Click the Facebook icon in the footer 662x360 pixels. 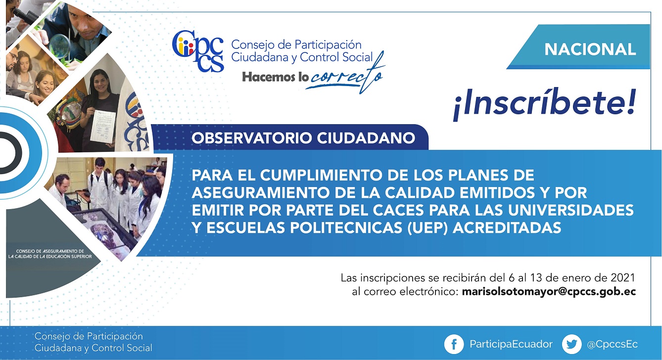(454, 344)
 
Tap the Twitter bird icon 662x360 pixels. (571, 344)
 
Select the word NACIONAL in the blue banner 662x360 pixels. (590, 49)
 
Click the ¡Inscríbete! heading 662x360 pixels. (544, 104)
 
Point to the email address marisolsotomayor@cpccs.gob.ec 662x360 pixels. (549, 292)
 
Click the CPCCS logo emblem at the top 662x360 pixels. (198, 51)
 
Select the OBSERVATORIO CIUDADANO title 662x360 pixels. (303, 138)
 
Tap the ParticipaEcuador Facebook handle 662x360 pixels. (511, 344)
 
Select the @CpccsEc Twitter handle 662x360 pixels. (612, 344)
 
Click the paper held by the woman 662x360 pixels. (102, 127)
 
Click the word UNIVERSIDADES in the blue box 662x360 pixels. (570, 210)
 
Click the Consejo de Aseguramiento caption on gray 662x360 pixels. (50, 254)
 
